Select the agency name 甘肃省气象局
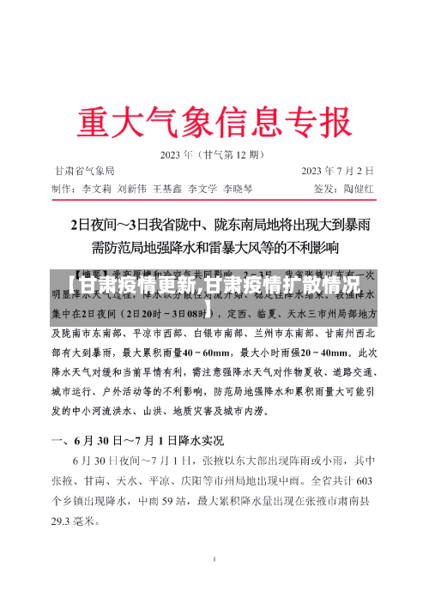point(85,171)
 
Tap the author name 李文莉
point(97,187)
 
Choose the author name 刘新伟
point(132,187)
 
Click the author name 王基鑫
point(168,187)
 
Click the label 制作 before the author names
point(63,187)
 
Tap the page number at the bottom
point(214,559)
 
